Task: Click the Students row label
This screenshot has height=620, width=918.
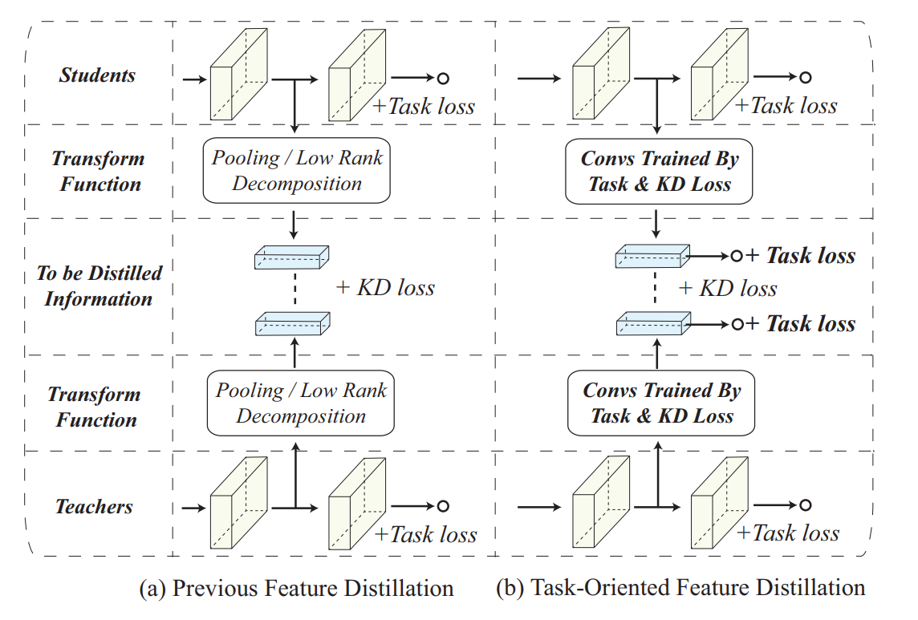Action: coord(97,76)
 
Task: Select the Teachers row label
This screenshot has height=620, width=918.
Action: coord(95,507)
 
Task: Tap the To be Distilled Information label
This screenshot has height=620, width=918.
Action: coord(99,286)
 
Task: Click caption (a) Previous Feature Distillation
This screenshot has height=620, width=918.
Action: coord(296,589)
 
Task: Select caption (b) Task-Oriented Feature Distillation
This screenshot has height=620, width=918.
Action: coord(680,589)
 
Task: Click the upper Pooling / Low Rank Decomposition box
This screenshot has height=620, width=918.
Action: coord(297,171)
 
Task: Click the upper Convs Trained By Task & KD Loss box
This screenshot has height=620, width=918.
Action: coord(660,172)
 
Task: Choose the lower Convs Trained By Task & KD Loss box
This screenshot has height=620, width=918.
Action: coord(662,403)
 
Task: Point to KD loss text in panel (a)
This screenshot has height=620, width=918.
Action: coord(385,287)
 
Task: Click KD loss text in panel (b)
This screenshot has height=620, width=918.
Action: coord(728,288)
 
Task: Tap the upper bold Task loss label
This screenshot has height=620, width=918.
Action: coord(810,256)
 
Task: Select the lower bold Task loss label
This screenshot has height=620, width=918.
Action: coord(810,324)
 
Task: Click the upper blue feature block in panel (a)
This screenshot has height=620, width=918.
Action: coord(292,257)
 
